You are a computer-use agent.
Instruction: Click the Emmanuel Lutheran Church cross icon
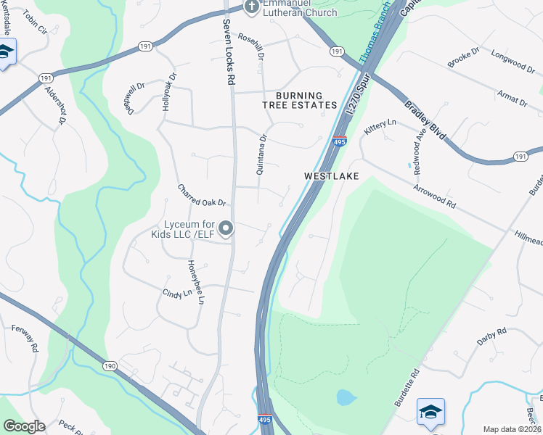(251, 8)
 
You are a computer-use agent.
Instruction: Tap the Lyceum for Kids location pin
(226, 229)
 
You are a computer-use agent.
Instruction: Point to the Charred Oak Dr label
(203, 195)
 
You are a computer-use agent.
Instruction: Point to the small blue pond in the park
(346, 397)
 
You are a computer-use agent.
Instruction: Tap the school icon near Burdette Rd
(430, 412)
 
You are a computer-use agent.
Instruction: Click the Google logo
(24, 426)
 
